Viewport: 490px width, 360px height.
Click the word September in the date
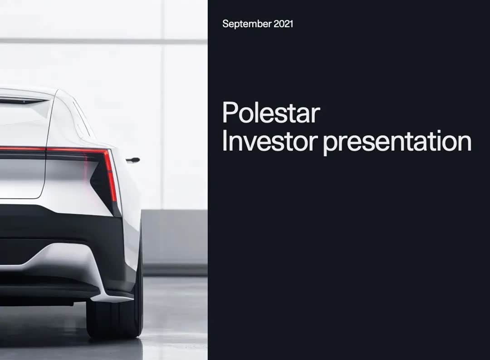[247, 24]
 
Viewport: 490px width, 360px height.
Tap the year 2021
[284, 24]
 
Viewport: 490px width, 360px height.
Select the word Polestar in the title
[271, 112]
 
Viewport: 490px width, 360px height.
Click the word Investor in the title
[269, 141]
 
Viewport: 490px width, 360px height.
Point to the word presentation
[397, 142]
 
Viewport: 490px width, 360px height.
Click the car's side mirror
[133, 160]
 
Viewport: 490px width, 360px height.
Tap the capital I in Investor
[224, 141]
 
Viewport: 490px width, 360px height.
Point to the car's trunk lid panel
[22, 178]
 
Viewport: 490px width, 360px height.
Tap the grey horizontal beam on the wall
[103, 41]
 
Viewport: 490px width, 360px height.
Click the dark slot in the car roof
[24, 101]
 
